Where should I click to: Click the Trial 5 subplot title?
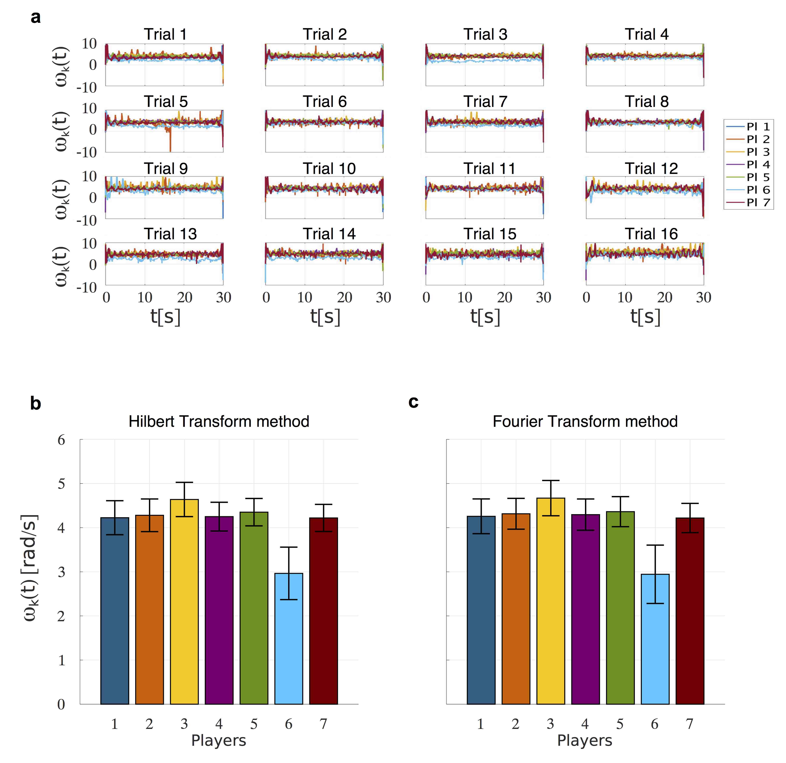pos(166,102)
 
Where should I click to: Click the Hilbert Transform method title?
pos(219,422)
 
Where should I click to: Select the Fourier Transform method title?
pos(585,422)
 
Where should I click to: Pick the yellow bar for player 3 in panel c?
pos(551,601)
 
